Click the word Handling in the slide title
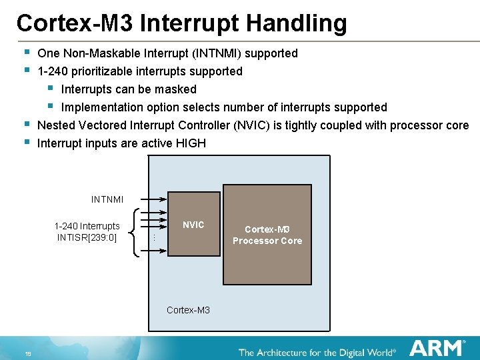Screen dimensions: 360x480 coord(297,23)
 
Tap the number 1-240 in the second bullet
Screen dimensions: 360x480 coord(51,71)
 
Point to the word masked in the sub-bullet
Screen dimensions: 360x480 coord(177,89)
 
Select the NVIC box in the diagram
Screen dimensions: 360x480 coord(193,225)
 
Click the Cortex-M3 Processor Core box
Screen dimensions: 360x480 coord(267,235)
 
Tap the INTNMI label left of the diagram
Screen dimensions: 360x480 coord(107,199)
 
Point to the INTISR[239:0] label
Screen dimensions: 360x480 coord(87,237)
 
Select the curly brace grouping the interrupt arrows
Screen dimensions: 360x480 coord(137,231)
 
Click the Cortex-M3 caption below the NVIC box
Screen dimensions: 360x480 coord(188,310)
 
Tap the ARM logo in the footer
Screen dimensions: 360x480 coord(437,348)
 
